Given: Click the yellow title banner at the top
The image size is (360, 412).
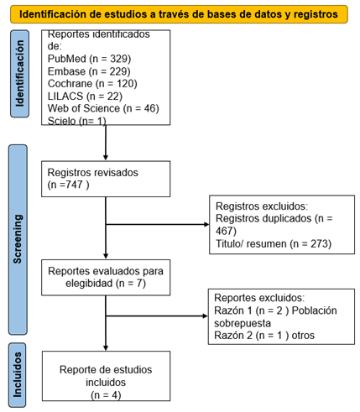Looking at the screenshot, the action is pos(179,14).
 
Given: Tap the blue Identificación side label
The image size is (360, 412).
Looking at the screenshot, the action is pos(19,74).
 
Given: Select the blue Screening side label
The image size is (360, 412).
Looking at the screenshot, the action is pos(18,240).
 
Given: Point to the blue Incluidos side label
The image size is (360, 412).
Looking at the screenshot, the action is pos(18,375).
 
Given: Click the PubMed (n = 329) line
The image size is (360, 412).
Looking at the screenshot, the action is pos(89,59).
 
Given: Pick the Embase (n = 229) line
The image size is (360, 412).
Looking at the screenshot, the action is pos(89,71).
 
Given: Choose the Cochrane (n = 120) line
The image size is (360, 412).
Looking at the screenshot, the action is pos(92,84).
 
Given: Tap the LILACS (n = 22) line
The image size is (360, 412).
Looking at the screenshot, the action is pos(85,96).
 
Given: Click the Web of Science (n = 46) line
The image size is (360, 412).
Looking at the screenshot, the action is pos(103,108).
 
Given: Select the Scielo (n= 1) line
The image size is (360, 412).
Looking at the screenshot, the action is pos(77,121).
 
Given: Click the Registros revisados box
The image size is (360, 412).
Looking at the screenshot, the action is pos(106,179).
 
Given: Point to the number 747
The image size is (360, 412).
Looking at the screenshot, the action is pos(74,185).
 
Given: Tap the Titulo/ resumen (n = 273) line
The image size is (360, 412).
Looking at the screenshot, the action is pos(274,243).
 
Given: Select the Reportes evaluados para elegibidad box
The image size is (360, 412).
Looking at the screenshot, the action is pos(106,278).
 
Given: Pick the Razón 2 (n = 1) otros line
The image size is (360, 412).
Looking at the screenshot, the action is pos(264,335).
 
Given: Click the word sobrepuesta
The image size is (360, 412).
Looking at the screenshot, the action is pos(243,323).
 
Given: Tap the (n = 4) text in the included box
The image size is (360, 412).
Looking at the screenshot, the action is pos(106,395).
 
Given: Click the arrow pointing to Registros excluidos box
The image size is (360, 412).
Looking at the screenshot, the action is pos(158,224).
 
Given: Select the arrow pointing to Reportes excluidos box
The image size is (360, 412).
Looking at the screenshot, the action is pos(157,316).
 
